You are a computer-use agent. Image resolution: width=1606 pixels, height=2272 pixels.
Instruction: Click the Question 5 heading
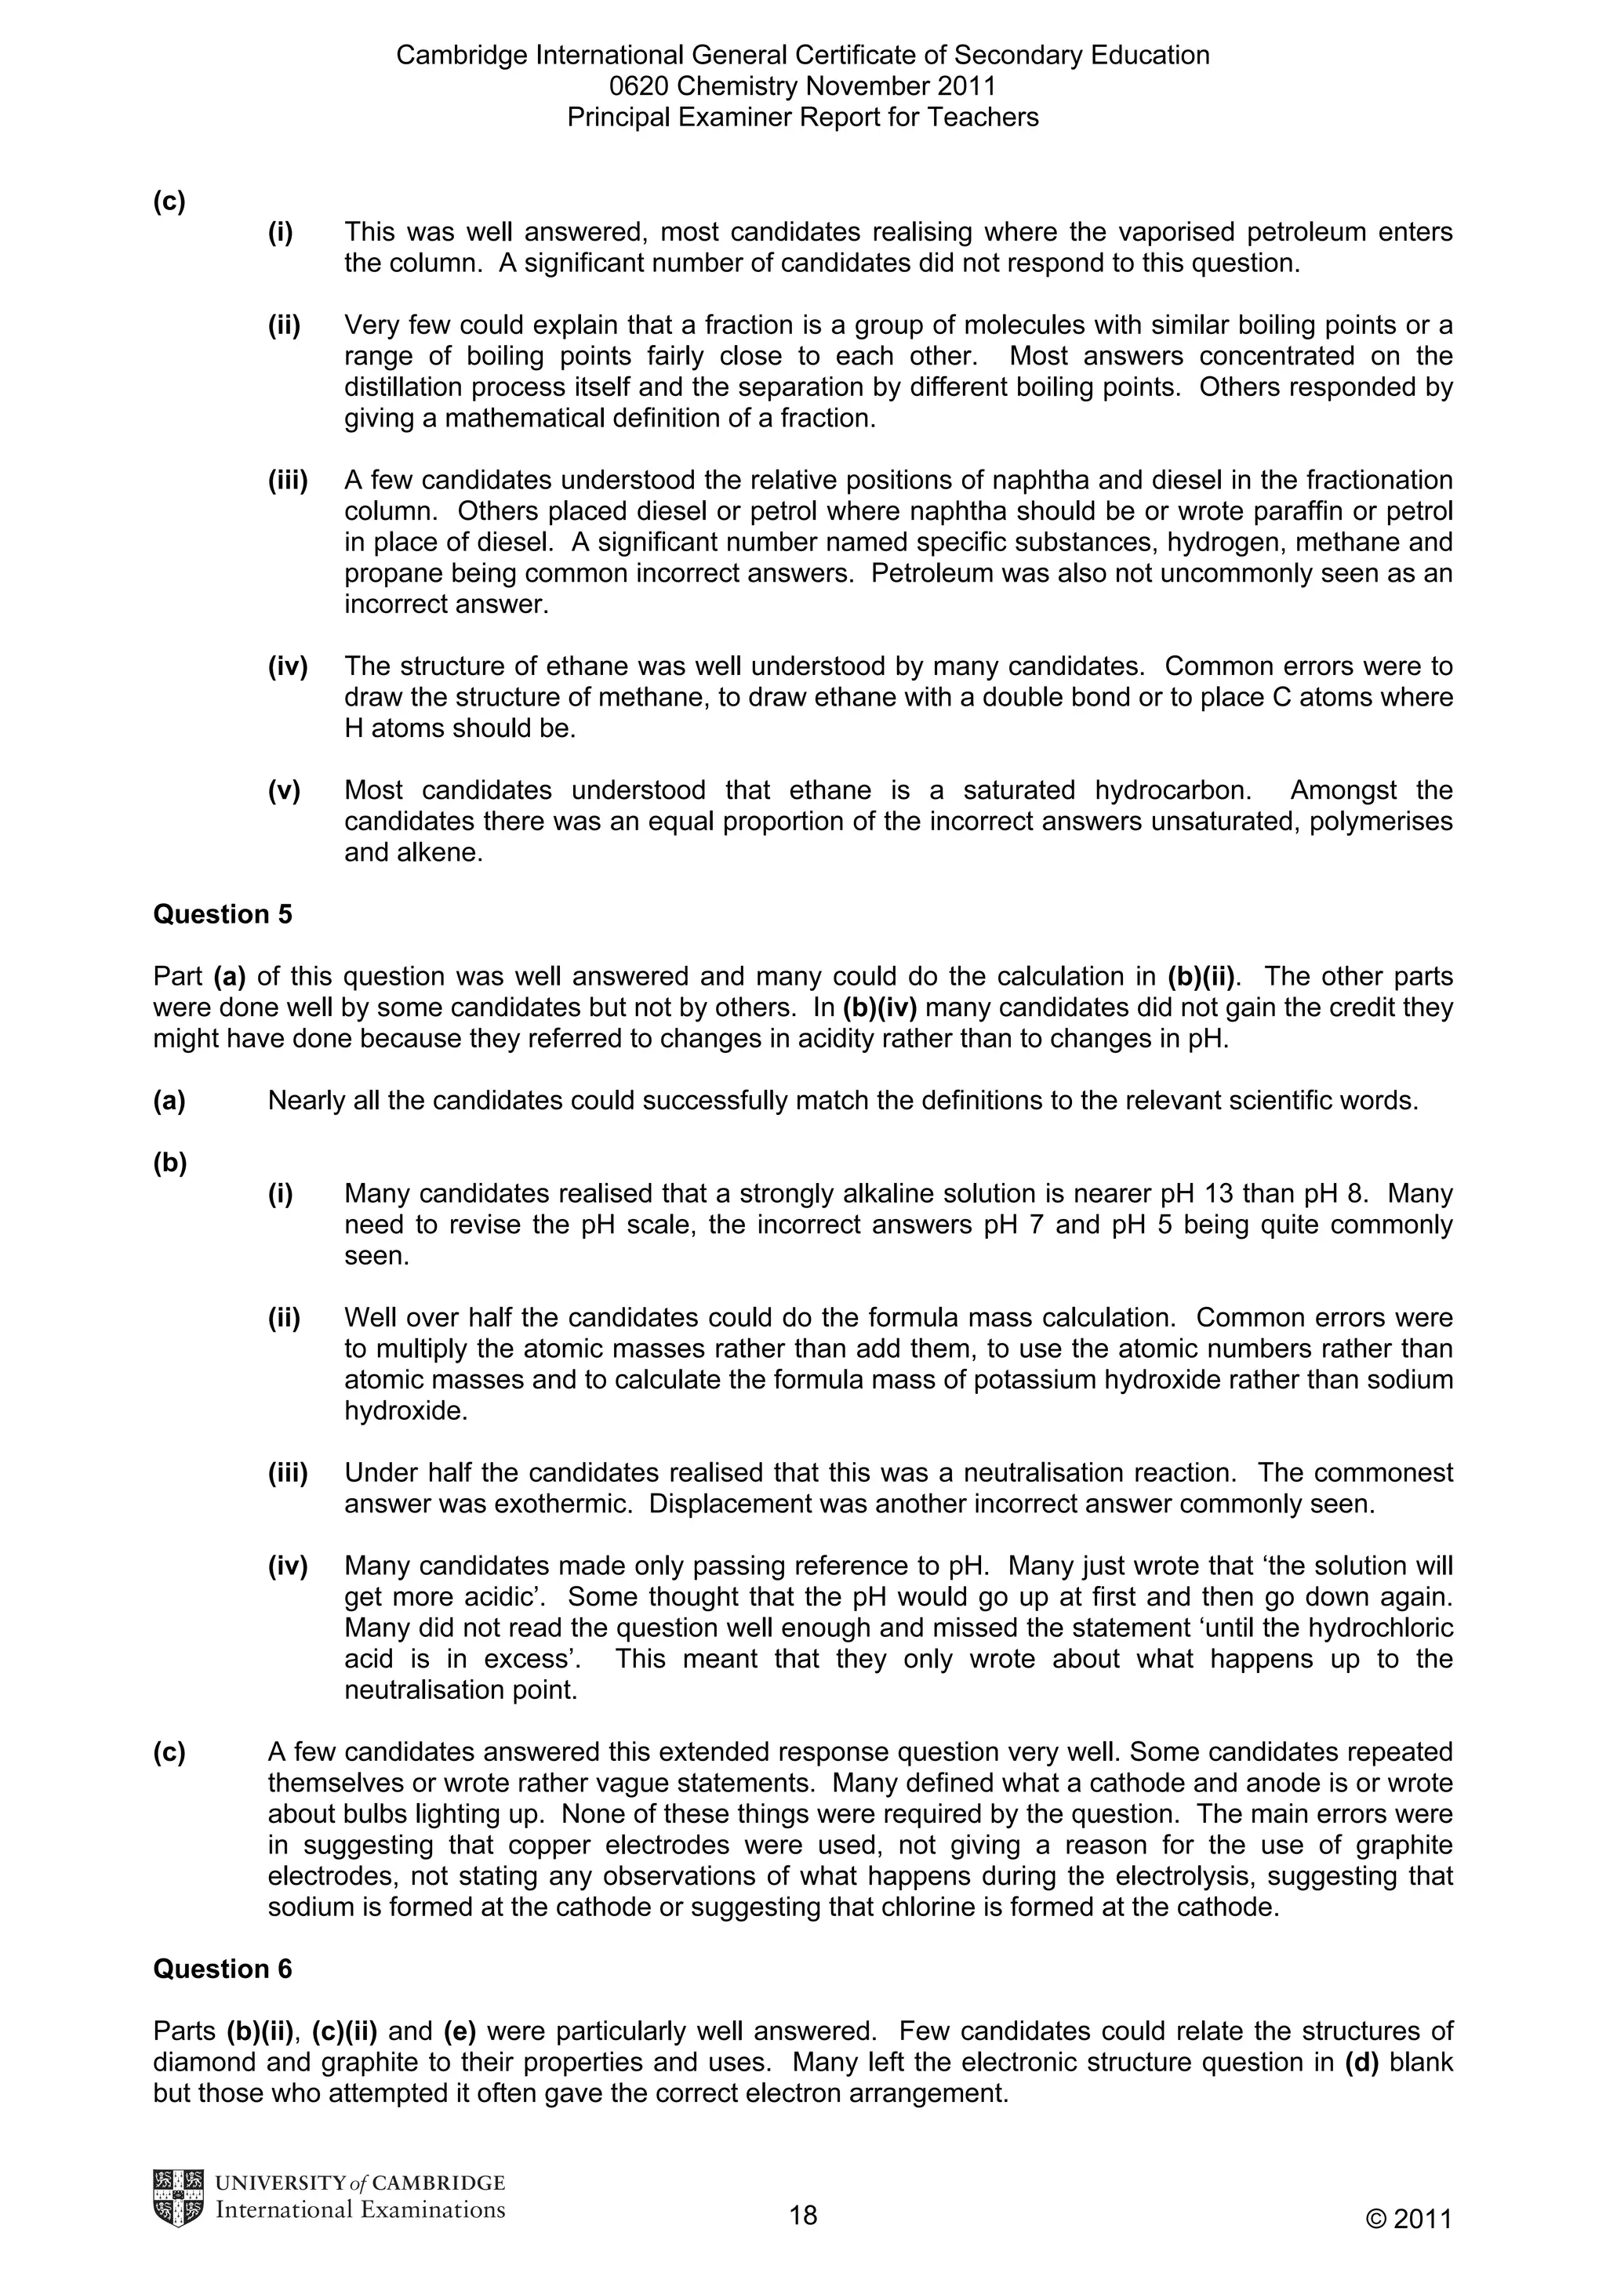click(223, 914)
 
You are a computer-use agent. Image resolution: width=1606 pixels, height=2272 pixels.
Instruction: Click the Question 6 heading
click(223, 1969)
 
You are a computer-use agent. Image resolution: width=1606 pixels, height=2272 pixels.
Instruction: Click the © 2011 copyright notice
click(1408, 2219)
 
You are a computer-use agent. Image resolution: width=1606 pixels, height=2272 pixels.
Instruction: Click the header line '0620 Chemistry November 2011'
click(802, 86)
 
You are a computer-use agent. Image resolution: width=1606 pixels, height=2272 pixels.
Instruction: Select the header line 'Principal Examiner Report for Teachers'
click(802, 118)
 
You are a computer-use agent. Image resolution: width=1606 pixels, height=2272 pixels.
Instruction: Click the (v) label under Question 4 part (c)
click(284, 790)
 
